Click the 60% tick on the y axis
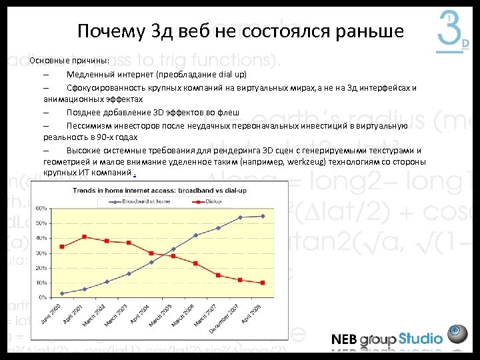tap(41, 208)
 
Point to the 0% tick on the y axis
tap(43, 297)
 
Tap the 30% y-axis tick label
tap(41, 253)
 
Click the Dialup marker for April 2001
tap(84, 237)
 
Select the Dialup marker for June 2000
tap(62, 247)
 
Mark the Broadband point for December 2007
tap(241, 217)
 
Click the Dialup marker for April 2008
tap(263, 283)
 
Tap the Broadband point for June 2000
tap(62, 293)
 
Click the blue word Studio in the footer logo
tap(420, 338)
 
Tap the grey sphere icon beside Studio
tap(457, 333)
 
